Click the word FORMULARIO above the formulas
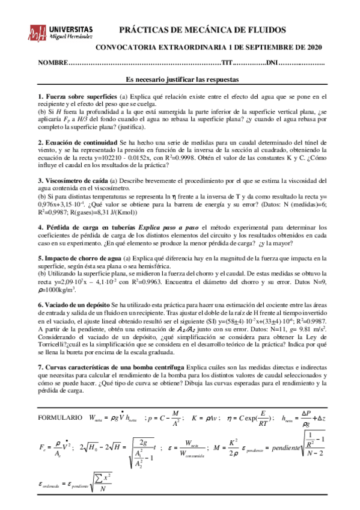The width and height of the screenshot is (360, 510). tap(59, 400)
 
